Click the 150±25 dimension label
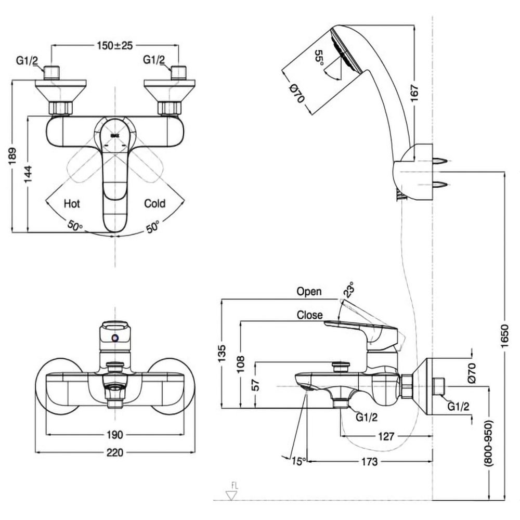[115, 46]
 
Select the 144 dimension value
[30, 175]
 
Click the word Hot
[72, 203]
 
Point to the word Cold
[154, 203]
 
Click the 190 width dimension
[115, 434]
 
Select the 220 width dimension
[115, 452]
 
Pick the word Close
[310, 315]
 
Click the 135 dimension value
[223, 354]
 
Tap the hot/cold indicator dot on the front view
[115, 339]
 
